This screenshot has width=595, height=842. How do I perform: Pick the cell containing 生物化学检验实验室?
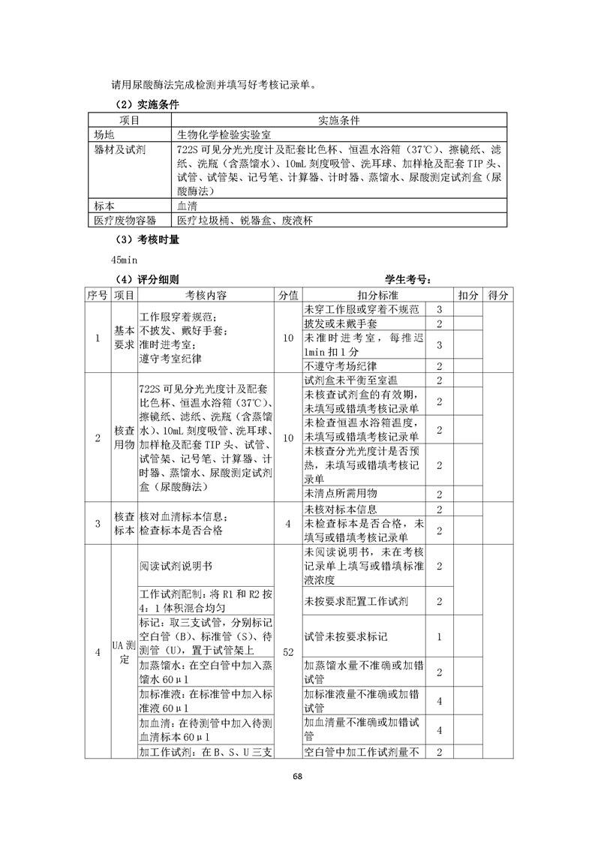222,135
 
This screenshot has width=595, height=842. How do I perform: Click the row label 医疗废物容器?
125,220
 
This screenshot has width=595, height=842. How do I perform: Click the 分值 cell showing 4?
288,524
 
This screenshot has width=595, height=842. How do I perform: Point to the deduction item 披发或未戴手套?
341,323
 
